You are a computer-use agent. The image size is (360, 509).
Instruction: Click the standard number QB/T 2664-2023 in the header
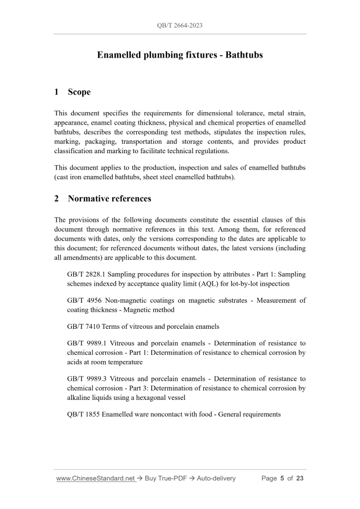tap(180, 24)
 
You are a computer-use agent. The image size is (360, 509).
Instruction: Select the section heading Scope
tap(79, 92)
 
